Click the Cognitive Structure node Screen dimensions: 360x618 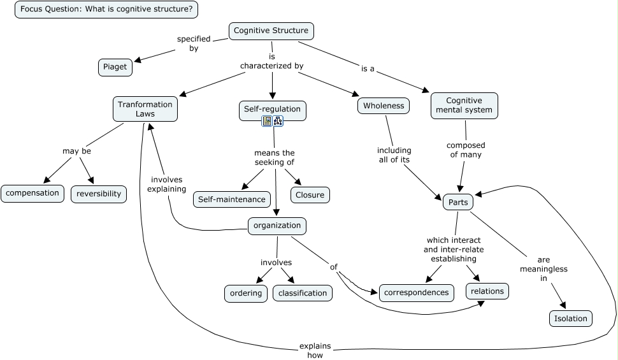click(271, 31)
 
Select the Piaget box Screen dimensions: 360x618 click(115, 66)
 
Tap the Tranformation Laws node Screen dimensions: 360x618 click(145, 109)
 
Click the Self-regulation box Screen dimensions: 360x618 click(272, 109)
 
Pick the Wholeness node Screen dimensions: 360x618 click(384, 106)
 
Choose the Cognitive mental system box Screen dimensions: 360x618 click(464, 105)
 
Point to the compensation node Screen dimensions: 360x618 click(32, 193)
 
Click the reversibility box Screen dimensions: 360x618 click(99, 194)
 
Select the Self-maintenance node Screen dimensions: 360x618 click(231, 199)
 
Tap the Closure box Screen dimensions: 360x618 click(310, 195)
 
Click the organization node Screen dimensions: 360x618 click(277, 226)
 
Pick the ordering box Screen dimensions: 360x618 click(246, 293)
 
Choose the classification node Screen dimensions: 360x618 click(303, 293)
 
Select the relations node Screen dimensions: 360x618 click(488, 291)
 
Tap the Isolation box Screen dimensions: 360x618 click(570, 318)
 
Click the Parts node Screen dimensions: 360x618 click(458, 203)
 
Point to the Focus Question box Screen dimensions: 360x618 click(106, 10)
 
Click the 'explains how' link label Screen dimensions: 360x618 click(315, 350)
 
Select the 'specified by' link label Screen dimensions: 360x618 click(193, 43)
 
